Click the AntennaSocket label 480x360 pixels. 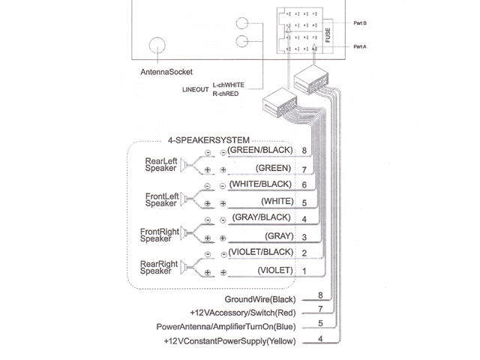[x=166, y=72]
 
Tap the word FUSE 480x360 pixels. [x=328, y=34]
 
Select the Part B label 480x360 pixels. [x=360, y=23]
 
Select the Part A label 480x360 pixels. [x=360, y=46]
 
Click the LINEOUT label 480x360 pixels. [x=196, y=89]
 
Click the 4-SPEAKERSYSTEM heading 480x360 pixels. [x=209, y=139]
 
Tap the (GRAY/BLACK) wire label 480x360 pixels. [x=262, y=217]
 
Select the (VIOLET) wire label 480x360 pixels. [x=274, y=269]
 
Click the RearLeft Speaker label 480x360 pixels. [x=161, y=165]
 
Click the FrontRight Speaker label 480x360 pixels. [x=160, y=235]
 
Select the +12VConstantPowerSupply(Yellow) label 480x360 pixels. [x=229, y=342]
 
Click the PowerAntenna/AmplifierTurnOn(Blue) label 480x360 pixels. [x=225, y=327]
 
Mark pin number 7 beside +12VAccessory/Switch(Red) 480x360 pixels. [x=320, y=309]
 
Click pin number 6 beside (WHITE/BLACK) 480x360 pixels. [x=304, y=184]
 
